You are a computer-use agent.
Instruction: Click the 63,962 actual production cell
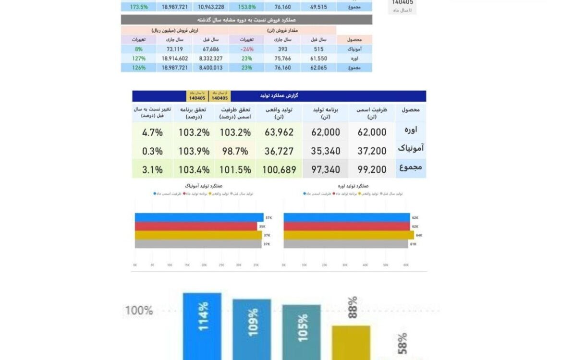(x=279, y=132)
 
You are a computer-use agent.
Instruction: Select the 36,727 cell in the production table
(x=279, y=151)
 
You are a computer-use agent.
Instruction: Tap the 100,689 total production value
(x=279, y=169)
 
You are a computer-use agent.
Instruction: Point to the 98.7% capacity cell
(x=235, y=151)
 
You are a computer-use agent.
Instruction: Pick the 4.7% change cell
(x=152, y=132)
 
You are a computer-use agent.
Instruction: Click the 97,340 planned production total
(x=326, y=169)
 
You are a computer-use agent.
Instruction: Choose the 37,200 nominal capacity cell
(x=372, y=151)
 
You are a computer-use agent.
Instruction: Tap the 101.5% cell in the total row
(x=235, y=169)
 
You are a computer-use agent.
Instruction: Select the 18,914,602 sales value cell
(x=175, y=59)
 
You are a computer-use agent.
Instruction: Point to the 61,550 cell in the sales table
(x=318, y=59)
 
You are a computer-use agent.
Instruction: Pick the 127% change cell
(x=139, y=59)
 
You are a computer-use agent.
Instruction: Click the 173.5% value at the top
(x=139, y=7)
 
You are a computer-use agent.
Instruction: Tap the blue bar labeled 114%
(x=202, y=326)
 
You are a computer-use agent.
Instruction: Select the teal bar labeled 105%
(x=301, y=332)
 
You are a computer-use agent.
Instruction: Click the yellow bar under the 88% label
(x=351, y=343)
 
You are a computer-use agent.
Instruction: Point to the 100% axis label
(x=139, y=310)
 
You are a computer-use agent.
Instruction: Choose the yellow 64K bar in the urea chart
(x=349, y=235)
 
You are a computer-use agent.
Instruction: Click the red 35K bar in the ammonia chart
(x=196, y=226)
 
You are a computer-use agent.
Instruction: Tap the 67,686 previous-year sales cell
(x=211, y=49)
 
